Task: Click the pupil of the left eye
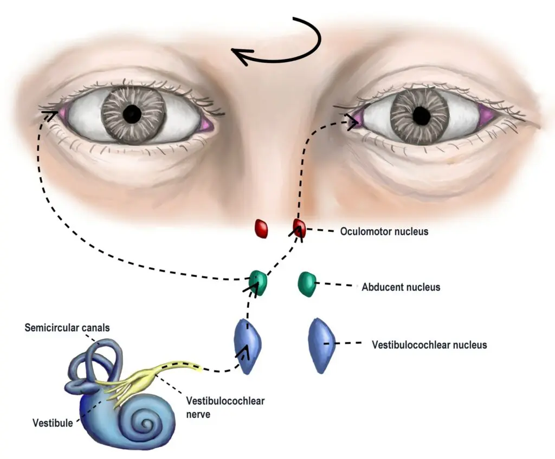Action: click(x=132, y=114)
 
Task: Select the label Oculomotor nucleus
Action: click(x=384, y=231)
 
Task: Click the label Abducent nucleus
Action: click(x=401, y=287)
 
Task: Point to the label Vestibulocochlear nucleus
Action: click(x=429, y=345)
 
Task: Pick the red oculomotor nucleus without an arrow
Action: click(x=262, y=229)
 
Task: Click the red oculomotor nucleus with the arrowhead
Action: click(x=300, y=228)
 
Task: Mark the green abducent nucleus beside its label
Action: click(x=307, y=284)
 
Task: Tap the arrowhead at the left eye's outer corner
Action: click(x=50, y=114)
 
